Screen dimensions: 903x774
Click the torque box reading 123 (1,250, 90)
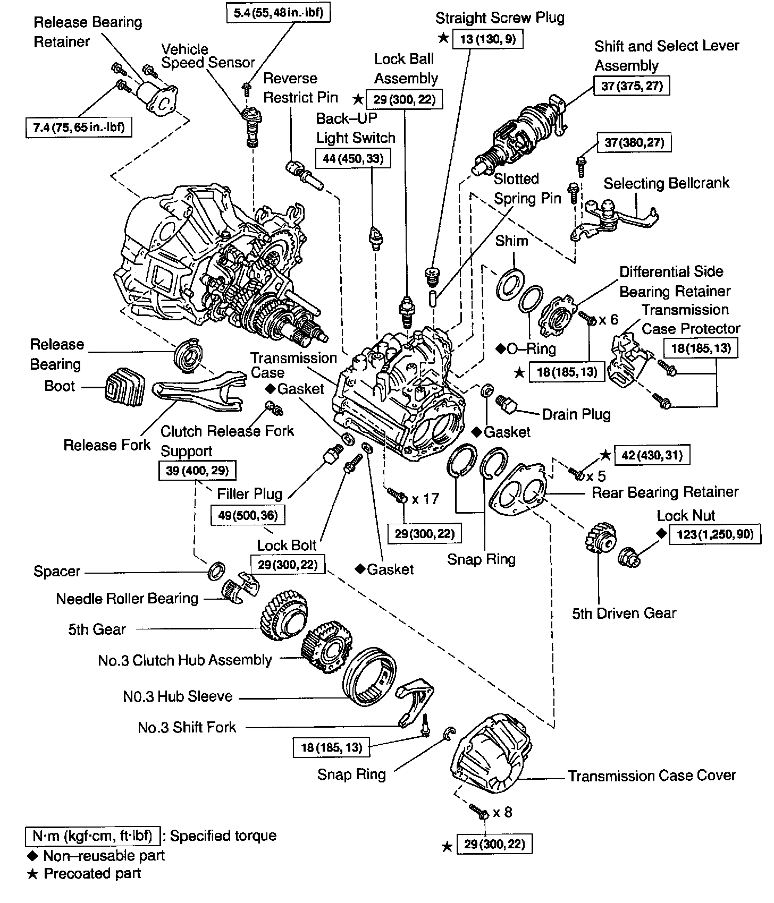(x=714, y=534)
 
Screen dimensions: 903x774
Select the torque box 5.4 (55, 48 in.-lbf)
(x=279, y=12)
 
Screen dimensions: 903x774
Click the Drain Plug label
(x=576, y=414)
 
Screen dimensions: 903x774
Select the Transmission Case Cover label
(x=652, y=776)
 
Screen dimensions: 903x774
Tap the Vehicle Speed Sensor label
(x=208, y=56)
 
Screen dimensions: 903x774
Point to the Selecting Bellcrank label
(x=666, y=183)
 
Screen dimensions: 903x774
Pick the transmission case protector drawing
(x=627, y=359)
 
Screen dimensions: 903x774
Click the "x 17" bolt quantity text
(x=425, y=499)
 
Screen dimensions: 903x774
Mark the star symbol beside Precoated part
(x=33, y=874)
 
